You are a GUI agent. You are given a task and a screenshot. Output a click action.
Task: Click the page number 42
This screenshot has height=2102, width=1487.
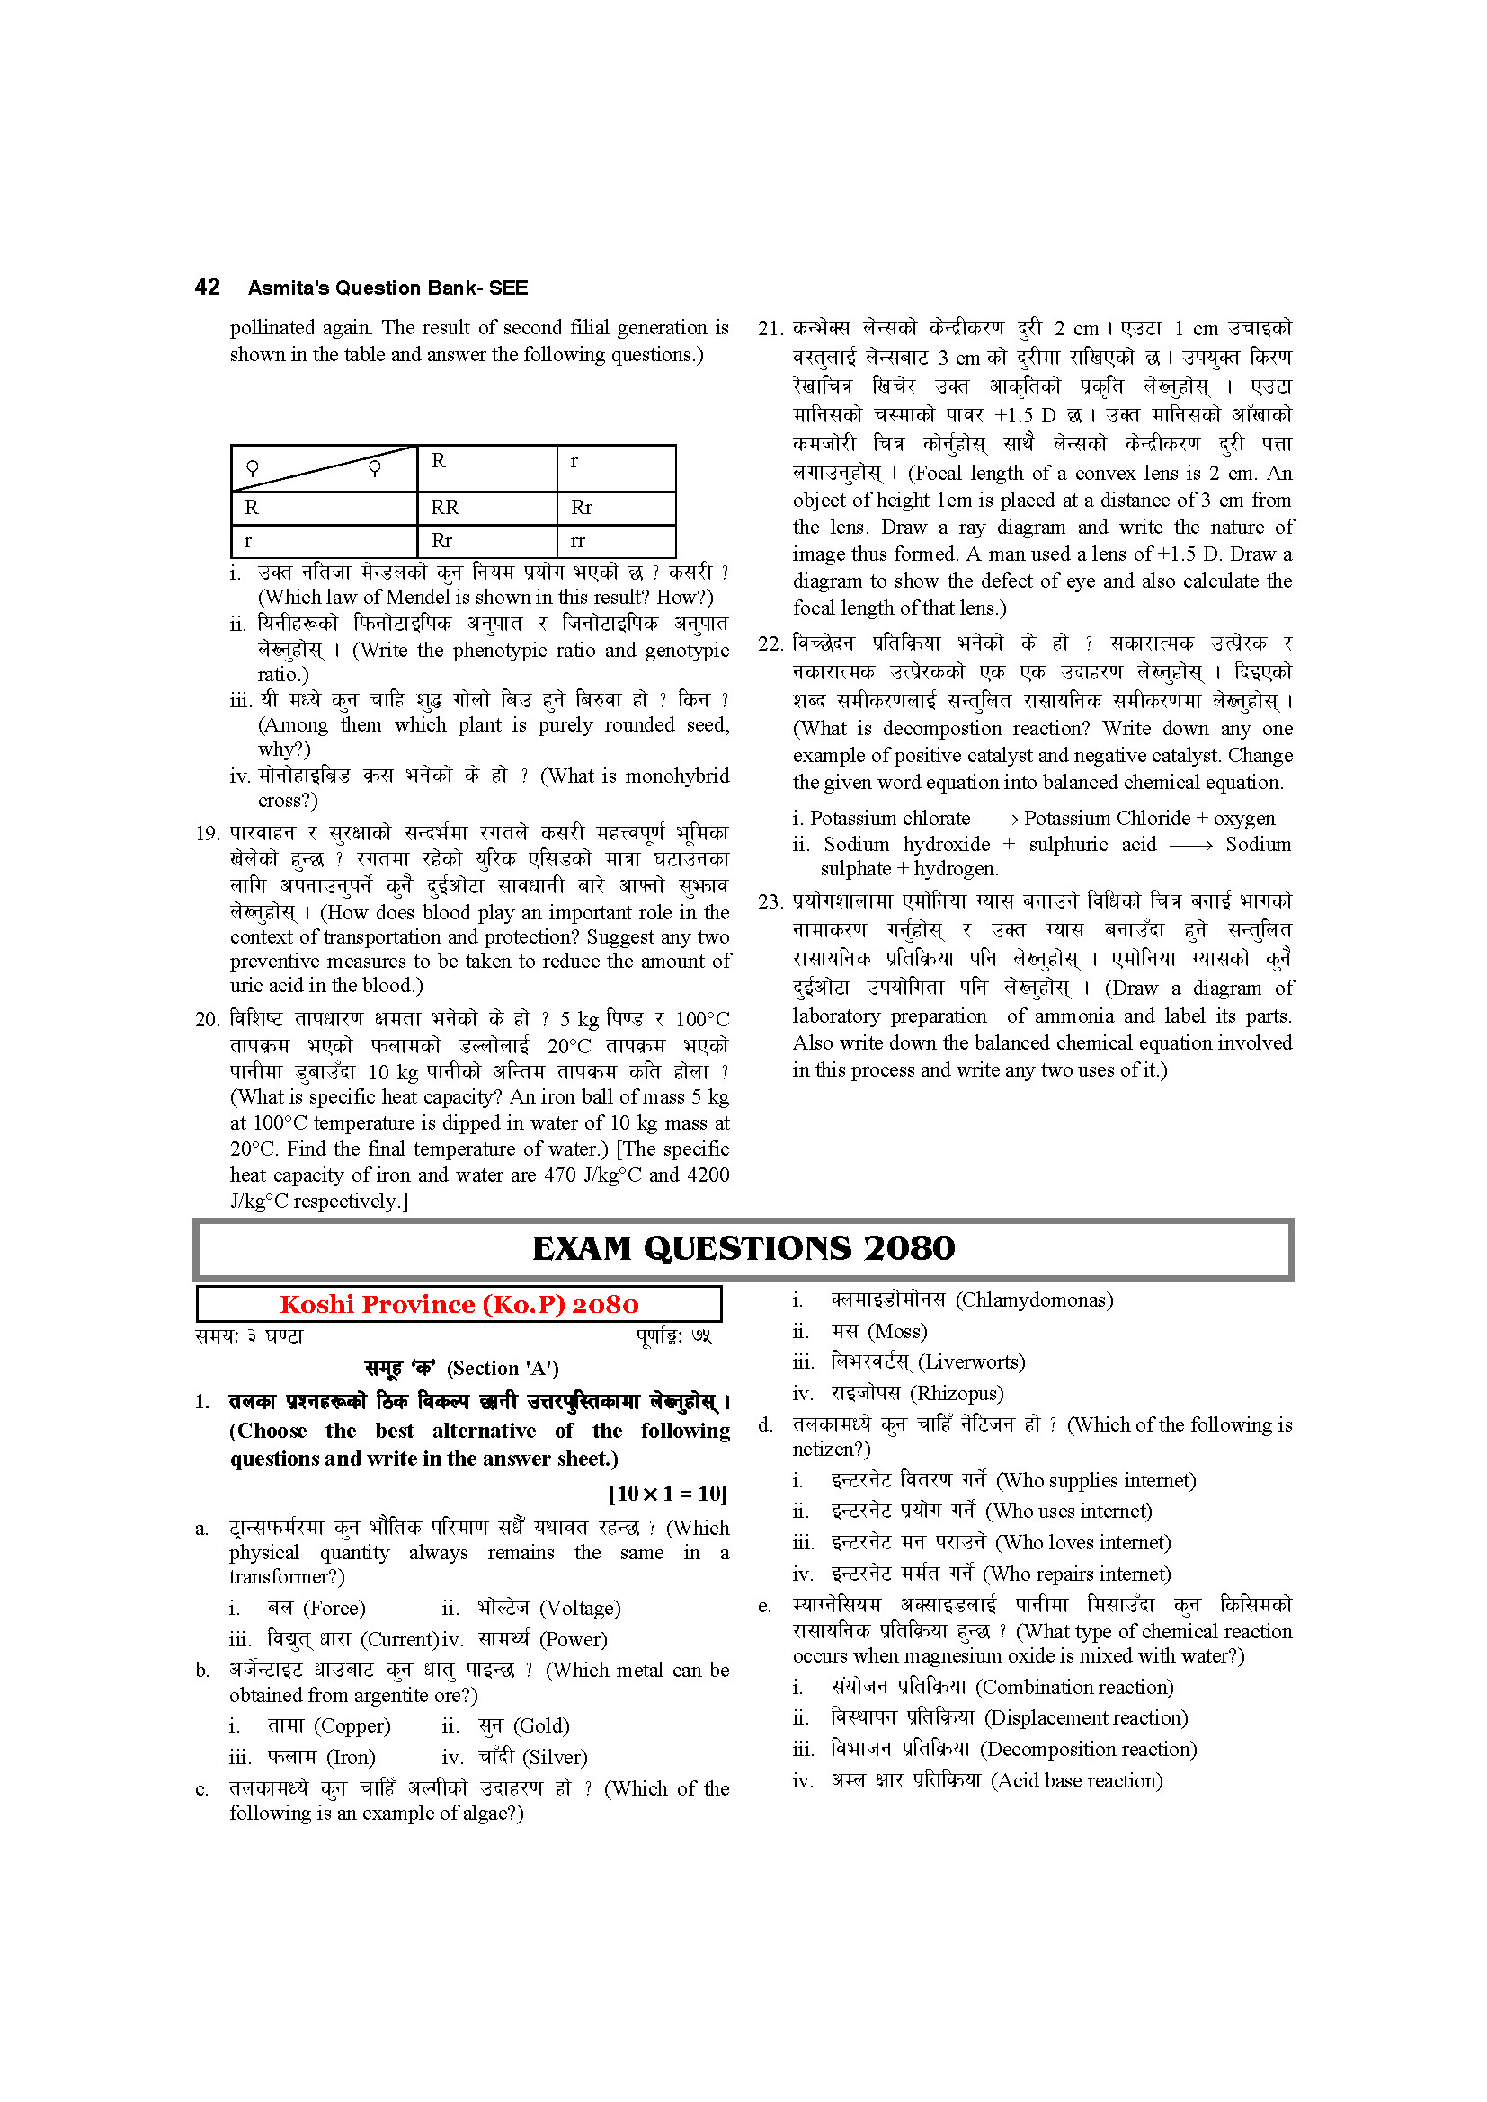coord(207,288)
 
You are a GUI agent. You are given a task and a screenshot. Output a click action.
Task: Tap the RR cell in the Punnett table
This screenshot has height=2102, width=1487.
coord(445,507)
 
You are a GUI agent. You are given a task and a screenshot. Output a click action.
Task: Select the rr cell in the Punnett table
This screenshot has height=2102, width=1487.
coord(577,541)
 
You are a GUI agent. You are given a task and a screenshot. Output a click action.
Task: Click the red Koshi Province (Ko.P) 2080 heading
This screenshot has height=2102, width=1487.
coord(459,1304)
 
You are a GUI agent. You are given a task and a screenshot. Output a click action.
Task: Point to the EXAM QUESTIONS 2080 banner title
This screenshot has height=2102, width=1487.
coord(743,1248)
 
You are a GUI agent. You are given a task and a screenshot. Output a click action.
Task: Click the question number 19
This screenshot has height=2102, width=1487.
coord(207,833)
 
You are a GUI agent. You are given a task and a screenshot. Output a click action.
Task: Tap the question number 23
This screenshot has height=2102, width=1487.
coord(770,901)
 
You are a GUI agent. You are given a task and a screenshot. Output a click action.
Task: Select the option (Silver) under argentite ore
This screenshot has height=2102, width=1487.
coord(555,1757)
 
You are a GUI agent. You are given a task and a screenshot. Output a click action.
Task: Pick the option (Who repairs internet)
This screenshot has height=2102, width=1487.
coord(1077,1574)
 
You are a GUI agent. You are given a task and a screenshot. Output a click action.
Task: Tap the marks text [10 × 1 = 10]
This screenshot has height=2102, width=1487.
coord(667,1494)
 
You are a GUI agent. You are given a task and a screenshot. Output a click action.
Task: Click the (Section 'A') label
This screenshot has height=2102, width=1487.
coord(503,1368)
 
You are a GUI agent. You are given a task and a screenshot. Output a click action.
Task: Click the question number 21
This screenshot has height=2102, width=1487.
coord(770,329)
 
